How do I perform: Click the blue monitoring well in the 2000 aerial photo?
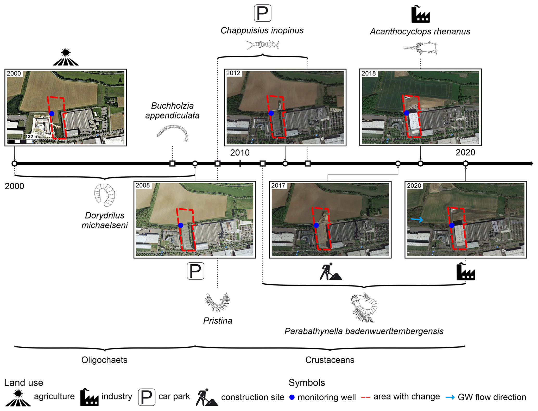coord(52,114)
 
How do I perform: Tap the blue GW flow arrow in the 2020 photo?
coord(417,220)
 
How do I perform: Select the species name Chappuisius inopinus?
coord(262,30)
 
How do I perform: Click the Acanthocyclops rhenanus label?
coord(420,32)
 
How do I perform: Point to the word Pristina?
coord(218,321)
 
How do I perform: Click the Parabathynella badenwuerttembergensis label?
coord(364,331)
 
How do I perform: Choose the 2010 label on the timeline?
coord(240,153)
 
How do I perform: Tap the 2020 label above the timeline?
coord(465,152)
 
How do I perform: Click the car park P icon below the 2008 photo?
coord(195,271)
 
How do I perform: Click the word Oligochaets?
coord(104,360)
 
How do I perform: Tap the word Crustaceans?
coord(330,360)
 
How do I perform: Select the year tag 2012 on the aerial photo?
coord(233,73)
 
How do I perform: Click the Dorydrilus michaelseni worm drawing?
coord(105,195)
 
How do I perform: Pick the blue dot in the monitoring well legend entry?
coord(292,397)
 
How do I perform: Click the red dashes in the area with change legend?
coord(365,397)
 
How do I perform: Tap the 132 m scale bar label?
coord(32,136)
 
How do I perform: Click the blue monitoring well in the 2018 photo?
coord(406,113)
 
